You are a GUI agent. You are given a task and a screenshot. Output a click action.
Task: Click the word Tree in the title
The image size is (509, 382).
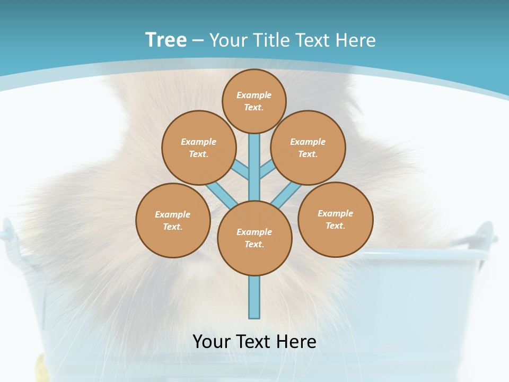click(166, 40)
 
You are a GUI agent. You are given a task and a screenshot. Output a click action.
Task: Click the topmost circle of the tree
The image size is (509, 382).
click(254, 101)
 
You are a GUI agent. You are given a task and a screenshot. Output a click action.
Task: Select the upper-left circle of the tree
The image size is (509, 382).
click(198, 147)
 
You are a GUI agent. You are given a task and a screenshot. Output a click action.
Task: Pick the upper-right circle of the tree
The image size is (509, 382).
click(308, 147)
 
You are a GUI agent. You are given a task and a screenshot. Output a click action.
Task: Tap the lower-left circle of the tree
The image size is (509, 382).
click(173, 220)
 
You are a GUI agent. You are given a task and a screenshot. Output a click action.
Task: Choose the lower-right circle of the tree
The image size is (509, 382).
click(335, 219)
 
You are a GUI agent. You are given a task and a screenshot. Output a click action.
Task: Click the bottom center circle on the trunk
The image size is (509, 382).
click(254, 238)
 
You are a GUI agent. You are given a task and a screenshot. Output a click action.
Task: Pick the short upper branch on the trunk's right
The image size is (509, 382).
click(267, 170)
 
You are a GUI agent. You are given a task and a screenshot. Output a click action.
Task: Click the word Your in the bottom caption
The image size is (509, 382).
click(211, 342)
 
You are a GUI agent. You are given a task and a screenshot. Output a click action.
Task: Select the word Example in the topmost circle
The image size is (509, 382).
click(254, 95)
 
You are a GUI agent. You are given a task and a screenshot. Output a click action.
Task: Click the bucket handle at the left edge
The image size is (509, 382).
click(7, 233)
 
